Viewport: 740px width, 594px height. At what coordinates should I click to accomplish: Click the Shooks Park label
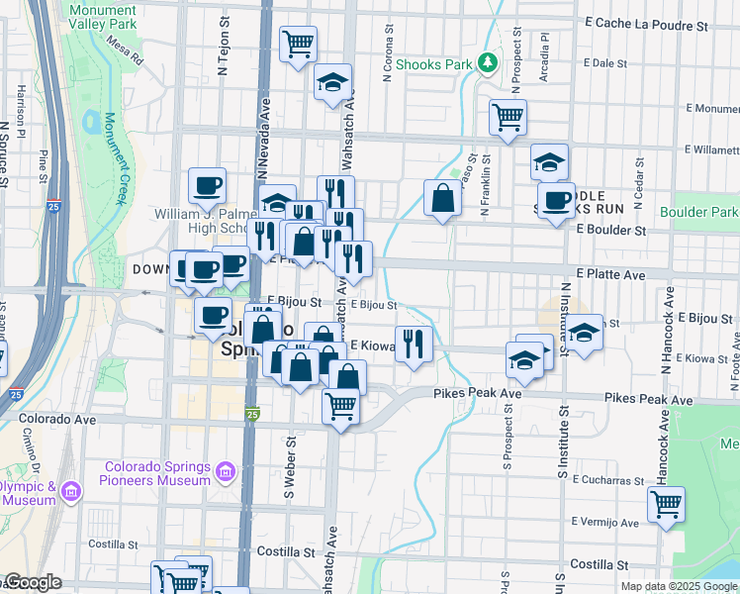[433, 64]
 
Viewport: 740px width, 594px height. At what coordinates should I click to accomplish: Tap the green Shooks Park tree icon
[487, 63]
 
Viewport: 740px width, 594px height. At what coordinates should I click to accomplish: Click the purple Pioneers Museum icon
[227, 473]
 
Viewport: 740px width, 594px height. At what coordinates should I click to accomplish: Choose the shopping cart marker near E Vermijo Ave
[667, 503]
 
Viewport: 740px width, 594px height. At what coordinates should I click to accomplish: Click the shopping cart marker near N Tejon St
[299, 44]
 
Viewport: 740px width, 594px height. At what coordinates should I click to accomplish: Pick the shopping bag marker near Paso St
[442, 197]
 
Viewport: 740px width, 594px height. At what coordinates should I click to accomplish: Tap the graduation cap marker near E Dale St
[333, 82]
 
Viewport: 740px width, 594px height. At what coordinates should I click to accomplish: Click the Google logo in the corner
[33, 583]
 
